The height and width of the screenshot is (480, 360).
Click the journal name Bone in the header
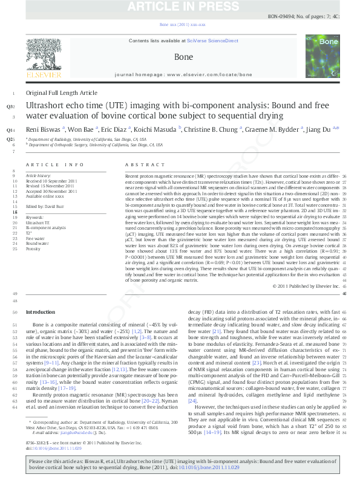(x=183, y=57)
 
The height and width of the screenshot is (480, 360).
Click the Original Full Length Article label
(x=61, y=92)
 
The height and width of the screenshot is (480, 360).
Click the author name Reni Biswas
(x=42, y=129)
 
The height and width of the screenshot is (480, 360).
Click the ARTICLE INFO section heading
(x=54, y=164)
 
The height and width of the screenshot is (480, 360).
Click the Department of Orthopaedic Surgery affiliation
(x=97, y=145)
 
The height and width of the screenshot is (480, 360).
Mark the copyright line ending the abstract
(x=306, y=285)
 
